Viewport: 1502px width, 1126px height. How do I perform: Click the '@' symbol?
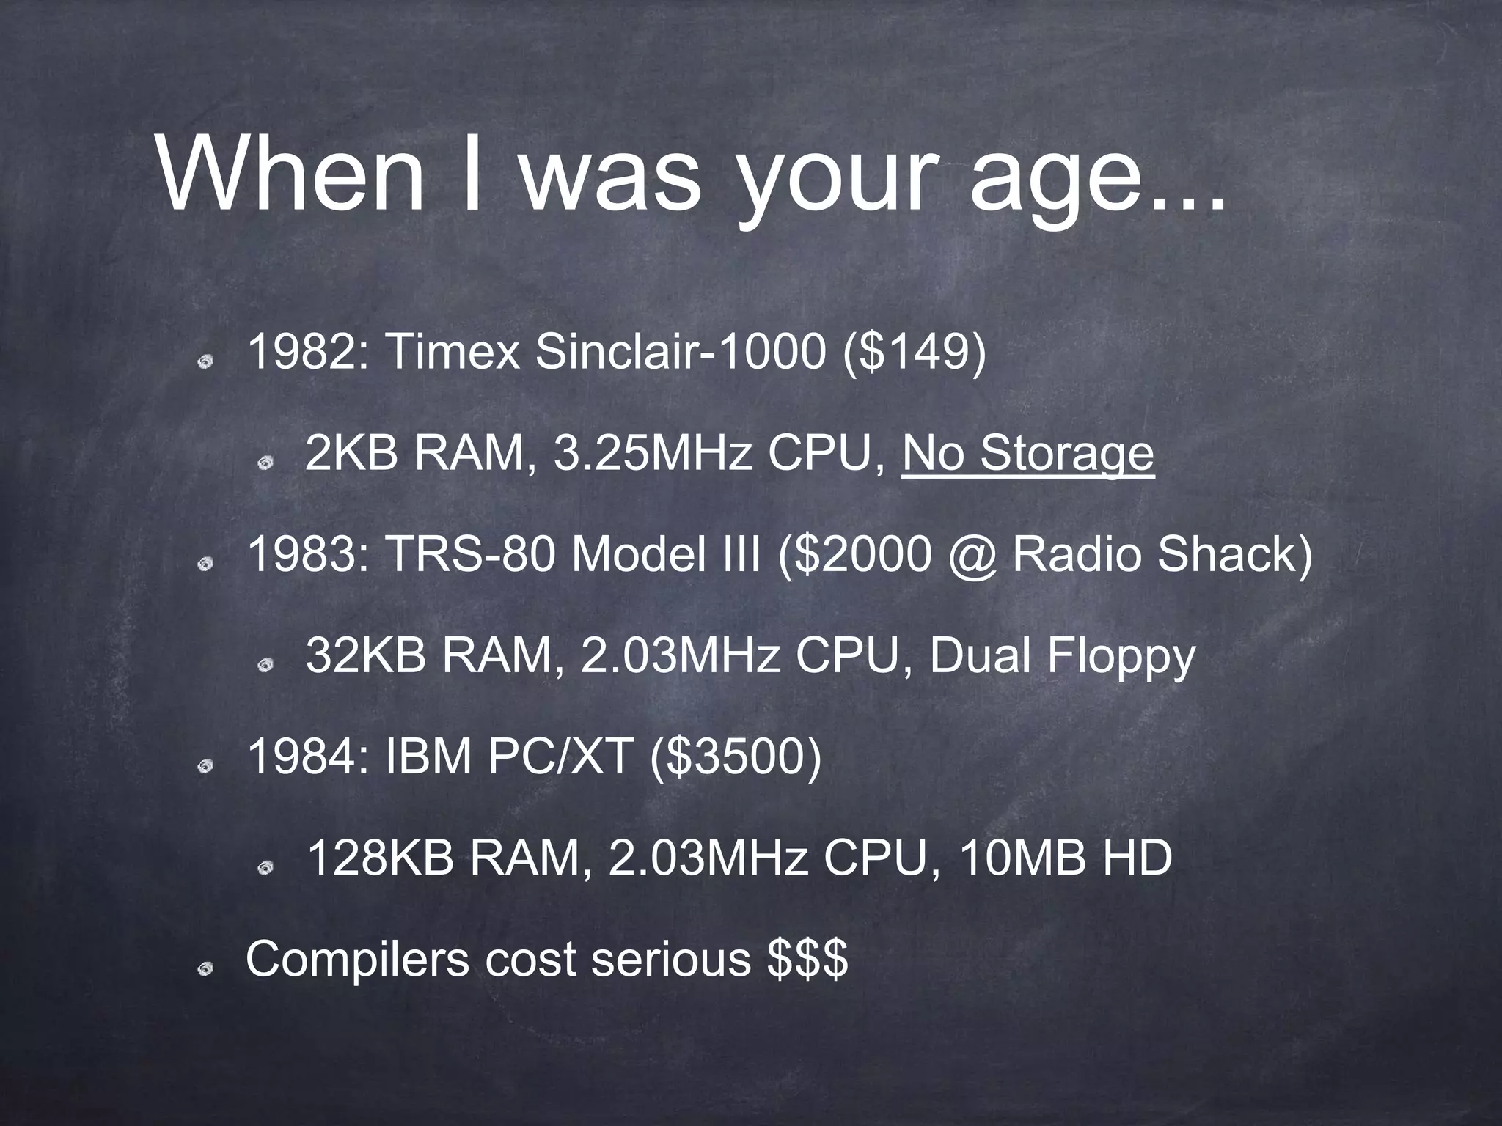(971, 555)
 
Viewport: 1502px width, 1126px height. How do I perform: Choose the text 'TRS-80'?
(470, 555)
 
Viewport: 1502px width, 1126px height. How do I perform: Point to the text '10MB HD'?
(1065, 858)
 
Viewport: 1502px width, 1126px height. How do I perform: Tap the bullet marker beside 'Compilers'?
(210, 969)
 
